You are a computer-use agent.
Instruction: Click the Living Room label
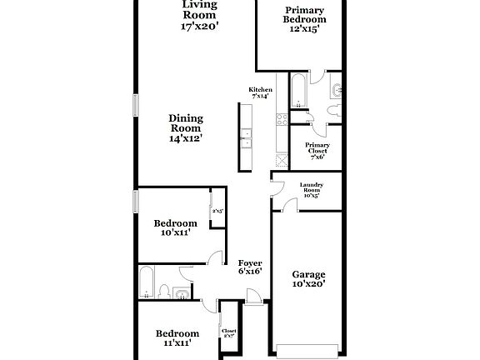coord(200,15)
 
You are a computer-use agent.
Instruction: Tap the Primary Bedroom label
coord(304,17)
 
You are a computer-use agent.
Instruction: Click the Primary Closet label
coord(317,149)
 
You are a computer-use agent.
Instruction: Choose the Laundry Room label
coord(312,189)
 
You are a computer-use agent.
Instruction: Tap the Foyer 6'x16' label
coord(251,267)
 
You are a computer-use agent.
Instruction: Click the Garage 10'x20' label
coord(308,278)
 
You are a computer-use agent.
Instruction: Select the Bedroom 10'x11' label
coord(176,228)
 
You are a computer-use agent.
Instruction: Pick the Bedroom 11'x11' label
coord(177,337)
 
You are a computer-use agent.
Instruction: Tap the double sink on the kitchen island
coord(247,137)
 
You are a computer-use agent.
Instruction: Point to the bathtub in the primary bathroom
coord(298,92)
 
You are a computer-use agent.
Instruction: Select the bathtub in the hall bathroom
coord(148,282)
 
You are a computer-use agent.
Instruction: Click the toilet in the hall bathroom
coord(166,291)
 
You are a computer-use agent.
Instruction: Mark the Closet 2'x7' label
coord(228,333)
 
